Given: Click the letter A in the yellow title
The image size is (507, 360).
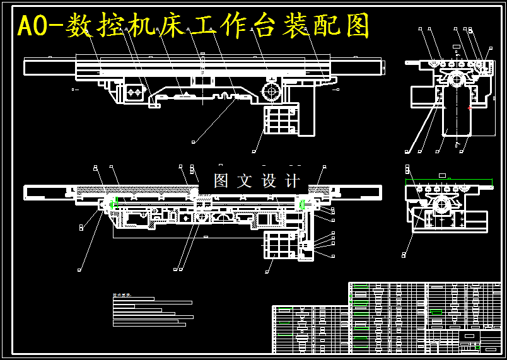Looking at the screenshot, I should click(25, 26).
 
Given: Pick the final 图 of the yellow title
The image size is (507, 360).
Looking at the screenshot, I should click(357, 26).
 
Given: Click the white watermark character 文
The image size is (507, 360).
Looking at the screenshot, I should click(245, 181).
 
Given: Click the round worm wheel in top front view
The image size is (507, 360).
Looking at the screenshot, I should click(272, 91).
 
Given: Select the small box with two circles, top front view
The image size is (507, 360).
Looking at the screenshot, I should click(133, 93).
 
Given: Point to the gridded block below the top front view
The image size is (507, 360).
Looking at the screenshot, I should click(280, 119).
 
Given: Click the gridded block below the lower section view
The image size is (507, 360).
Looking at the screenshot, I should click(280, 245).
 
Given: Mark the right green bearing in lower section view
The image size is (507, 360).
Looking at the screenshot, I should click(303, 204).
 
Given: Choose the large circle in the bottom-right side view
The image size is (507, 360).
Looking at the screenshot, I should click(441, 204).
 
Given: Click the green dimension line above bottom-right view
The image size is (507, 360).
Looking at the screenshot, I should click(448, 181).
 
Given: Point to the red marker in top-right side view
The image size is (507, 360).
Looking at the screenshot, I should click(469, 108).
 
